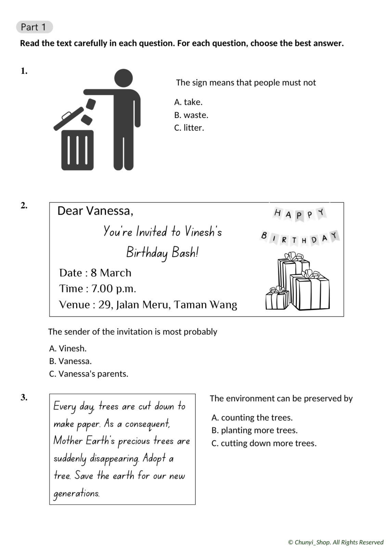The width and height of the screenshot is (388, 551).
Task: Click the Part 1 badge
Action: pos(34,27)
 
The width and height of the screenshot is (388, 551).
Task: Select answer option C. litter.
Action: pos(189,128)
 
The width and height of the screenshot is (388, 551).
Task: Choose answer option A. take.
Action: pos(189,102)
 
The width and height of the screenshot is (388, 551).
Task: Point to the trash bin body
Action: pos(77,150)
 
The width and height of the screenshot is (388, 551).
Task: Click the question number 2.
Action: pos(24,205)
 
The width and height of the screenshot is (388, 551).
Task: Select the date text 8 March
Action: pos(111,273)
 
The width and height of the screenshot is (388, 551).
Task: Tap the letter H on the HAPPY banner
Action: pos(277,213)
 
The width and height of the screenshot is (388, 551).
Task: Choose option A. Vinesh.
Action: pos(68,348)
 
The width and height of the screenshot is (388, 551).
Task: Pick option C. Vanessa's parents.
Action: pos(89,374)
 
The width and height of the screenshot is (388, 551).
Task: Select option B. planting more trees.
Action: pos(255,430)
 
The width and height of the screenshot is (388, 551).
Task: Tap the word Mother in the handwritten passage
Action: pos(68,441)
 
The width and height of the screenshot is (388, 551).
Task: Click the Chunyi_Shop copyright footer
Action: pos(336,542)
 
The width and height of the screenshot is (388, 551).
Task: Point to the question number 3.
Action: pos(24,397)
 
